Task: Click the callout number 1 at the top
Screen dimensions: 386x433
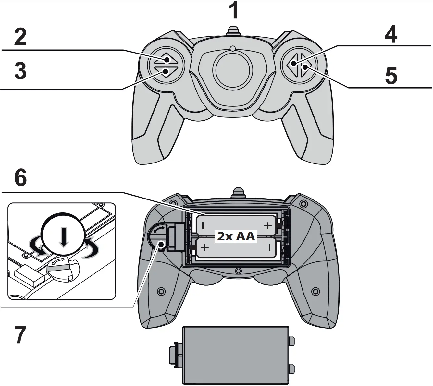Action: pos(234,10)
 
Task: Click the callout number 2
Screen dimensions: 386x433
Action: pos(20,37)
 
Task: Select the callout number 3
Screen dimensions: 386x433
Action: pos(20,71)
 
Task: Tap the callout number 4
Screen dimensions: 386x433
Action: pos(390,34)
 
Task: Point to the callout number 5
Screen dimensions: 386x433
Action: pos(391,75)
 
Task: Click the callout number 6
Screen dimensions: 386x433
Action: pos(20,178)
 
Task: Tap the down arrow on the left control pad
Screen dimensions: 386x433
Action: pos(166,72)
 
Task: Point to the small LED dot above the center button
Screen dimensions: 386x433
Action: pos(232,49)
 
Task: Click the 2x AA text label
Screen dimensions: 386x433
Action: pos(236,236)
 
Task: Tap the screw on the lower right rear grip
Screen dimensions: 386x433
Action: pos(315,291)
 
